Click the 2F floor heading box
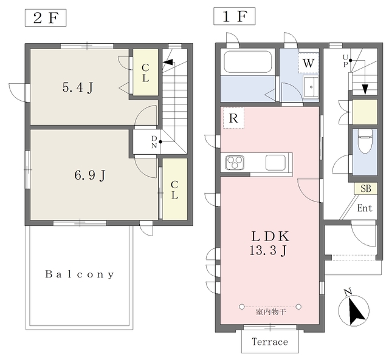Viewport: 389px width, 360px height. click(x=46, y=18)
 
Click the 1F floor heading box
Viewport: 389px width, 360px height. click(x=235, y=16)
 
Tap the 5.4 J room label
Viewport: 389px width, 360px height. click(x=78, y=87)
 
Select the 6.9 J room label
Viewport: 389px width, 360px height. click(x=90, y=175)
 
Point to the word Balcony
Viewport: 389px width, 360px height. click(x=80, y=274)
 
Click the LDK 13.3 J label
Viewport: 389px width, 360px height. click(x=269, y=243)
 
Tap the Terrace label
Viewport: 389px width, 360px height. click(x=270, y=342)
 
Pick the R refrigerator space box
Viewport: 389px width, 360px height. click(x=233, y=118)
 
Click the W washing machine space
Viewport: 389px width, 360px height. click(x=308, y=63)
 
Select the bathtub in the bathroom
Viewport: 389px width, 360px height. click(x=247, y=62)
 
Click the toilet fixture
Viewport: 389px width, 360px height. click(x=365, y=141)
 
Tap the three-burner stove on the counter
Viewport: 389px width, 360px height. click(x=235, y=163)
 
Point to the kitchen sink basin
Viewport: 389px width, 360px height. click(x=275, y=162)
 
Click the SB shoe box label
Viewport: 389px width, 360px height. click(x=366, y=189)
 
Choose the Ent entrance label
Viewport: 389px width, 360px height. click(x=365, y=208)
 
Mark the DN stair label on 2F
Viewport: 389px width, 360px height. click(x=154, y=141)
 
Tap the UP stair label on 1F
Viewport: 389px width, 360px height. click(x=345, y=61)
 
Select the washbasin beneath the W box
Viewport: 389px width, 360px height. click(x=311, y=86)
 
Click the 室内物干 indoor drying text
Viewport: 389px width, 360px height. click(x=271, y=311)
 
